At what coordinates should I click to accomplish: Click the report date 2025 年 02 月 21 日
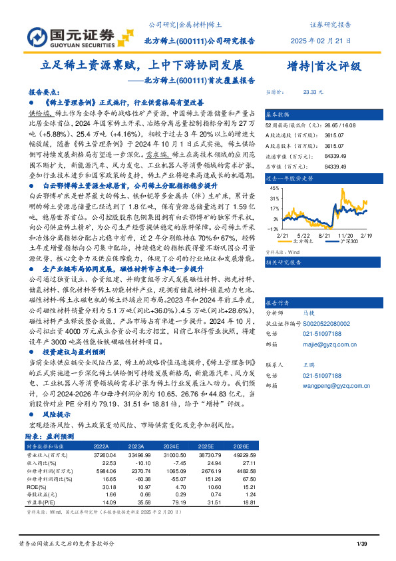(320, 41)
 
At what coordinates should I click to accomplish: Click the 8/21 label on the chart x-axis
(325, 235)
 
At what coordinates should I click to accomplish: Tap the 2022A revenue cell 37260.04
(106, 453)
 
